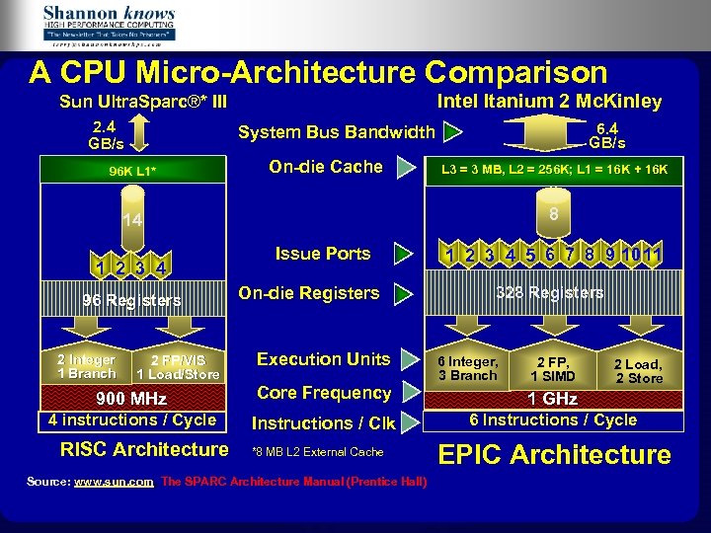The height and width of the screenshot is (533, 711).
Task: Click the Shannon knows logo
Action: point(109,25)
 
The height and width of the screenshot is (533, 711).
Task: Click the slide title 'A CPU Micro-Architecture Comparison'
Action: point(318,72)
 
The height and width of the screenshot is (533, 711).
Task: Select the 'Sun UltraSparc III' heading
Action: point(143,102)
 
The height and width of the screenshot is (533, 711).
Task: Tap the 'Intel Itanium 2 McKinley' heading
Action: point(549,102)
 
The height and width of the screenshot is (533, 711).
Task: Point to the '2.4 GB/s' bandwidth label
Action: point(104,134)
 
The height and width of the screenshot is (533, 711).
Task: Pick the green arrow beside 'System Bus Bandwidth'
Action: point(452,132)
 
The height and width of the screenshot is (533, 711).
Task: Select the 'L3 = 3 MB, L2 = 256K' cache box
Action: point(553,170)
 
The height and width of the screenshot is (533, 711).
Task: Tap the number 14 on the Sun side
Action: point(132,219)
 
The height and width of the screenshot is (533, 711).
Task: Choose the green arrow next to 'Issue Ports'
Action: point(402,255)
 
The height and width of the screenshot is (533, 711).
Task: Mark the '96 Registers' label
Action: point(131,300)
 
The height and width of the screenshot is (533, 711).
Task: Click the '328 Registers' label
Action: point(550,293)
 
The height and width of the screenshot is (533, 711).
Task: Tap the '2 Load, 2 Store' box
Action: point(639,371)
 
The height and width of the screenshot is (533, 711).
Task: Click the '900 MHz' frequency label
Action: point(131,399)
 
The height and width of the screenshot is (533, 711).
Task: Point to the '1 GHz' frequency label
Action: point(553,399)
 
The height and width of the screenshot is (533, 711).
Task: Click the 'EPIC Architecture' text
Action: point(554,455)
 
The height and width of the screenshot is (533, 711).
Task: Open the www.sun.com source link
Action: point(114,482)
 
